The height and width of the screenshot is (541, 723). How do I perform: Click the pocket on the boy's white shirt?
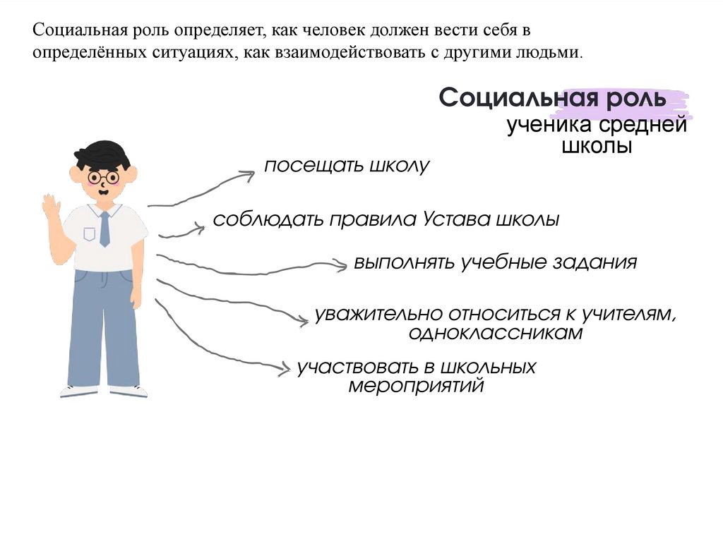[x=89, y=233]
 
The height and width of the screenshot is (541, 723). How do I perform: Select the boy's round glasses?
[x=103, y=176]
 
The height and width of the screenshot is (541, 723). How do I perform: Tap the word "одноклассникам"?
[x=495, y=333]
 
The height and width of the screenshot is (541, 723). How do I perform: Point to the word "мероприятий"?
[x=417, y=386]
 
